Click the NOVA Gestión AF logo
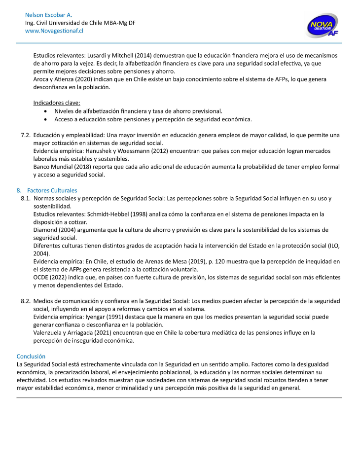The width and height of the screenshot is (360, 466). pyautogui.click(x=323, y=25)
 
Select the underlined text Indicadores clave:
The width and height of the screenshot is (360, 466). pyautogui.click(x=57, y=103)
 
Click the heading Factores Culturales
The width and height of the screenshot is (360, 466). pyautogui.click(x=52, y=190)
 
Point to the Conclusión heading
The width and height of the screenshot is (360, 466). pyautogui.click(x=31, y=356)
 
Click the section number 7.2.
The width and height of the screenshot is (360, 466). pyautogui.click(x=26, y=135)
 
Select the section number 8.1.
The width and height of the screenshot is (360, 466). pyautogui.click(x=26, y=198)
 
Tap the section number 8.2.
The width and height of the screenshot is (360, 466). pyautogui.click(x=26, y=301)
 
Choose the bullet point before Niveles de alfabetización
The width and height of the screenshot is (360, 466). pyautogui.click(x=46, y=111)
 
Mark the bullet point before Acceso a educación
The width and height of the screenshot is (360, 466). pyautogui.click(x=46, y=119)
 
